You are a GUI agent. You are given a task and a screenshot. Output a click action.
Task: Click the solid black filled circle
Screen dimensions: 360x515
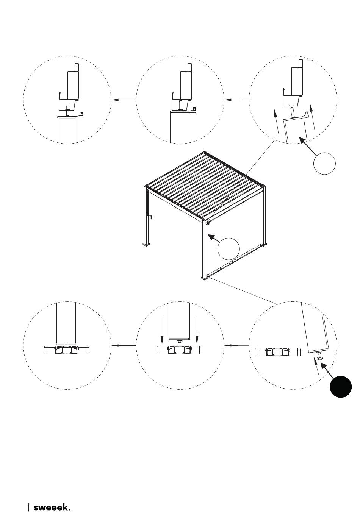340,387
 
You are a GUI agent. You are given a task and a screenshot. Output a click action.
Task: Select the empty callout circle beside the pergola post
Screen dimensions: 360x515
229,248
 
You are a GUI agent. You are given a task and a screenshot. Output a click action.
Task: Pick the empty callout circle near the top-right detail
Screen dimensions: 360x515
324,164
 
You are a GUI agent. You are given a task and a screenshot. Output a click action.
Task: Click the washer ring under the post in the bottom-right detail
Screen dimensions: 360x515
319,359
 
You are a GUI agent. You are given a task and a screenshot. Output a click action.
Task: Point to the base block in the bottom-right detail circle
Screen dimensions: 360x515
278,352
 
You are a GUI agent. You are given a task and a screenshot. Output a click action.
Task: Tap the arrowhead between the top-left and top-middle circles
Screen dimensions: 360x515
115,100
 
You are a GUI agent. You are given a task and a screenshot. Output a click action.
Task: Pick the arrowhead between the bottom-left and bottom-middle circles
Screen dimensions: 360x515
115,346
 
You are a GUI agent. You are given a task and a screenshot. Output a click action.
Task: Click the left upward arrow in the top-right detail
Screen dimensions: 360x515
276,123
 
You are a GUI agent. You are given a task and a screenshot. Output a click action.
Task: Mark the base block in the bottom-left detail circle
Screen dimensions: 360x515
67,350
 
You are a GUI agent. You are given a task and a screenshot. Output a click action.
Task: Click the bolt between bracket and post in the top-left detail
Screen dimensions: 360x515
67,111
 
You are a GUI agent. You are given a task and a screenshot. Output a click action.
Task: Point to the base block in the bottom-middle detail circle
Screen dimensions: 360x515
180,350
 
